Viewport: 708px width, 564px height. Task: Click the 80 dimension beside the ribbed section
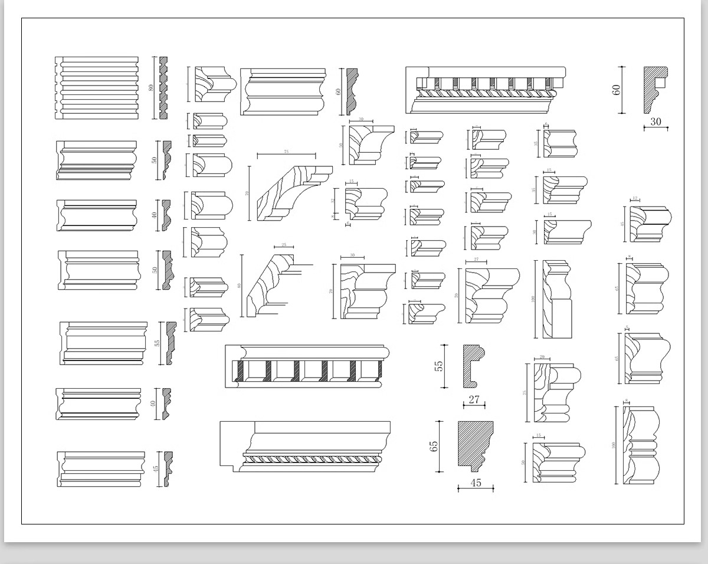tap(151, 87)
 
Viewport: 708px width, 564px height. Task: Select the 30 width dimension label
tap(655, 122)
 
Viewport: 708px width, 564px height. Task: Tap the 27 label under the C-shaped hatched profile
tap(474, 400)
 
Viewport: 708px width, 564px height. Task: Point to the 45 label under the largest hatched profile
tap(476, 483)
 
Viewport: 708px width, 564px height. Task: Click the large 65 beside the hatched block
tap(435, 446)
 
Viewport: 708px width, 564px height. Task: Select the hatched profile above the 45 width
tap(476, 445)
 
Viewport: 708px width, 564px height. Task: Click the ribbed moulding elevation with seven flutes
tap(97, 88)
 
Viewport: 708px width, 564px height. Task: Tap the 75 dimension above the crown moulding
tap(286, 152)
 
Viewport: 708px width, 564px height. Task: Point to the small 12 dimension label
tap(635, 199)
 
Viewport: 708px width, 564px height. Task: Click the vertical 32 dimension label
tap(333, 201)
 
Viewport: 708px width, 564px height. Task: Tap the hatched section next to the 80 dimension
tap(163, 88)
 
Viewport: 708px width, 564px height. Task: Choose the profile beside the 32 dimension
tap(365, 204)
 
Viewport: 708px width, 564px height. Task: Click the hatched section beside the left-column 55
tap(171, 343)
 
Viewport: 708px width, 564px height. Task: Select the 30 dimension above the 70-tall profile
tap(352, 256)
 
